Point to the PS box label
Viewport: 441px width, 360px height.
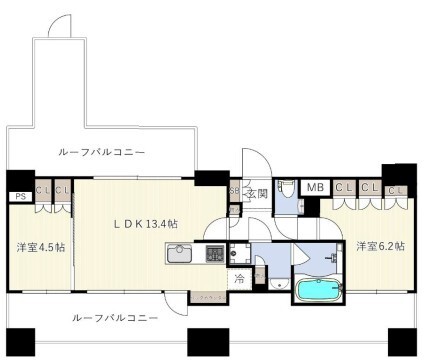point(19,197)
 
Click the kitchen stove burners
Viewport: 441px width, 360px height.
point(214,256)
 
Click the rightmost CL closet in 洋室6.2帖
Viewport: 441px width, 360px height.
point(395,188)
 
